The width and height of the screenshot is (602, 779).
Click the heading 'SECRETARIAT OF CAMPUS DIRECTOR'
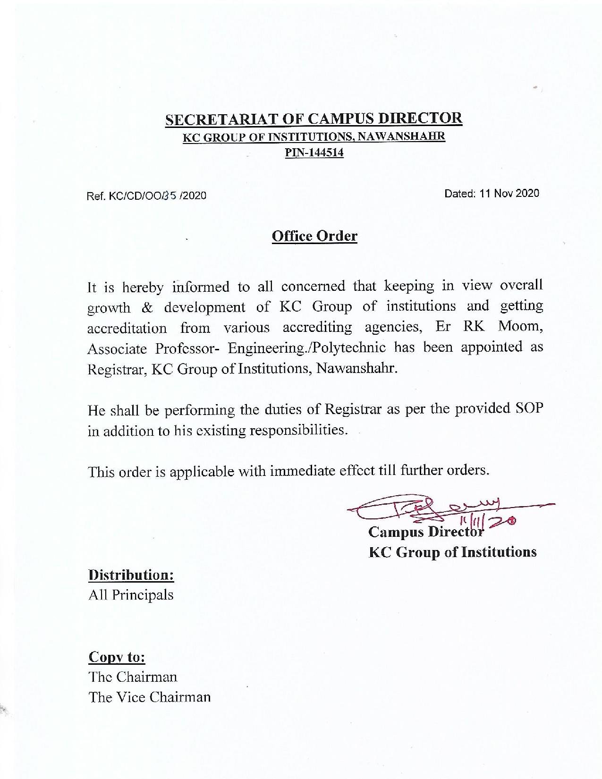tap(314, 119)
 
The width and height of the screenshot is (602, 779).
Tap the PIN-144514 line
tap(314, 153)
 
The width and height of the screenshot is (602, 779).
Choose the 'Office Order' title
tap(314, 236)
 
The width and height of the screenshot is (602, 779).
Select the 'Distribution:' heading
tap(131, 575)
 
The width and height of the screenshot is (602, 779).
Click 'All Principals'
tap(131, 595)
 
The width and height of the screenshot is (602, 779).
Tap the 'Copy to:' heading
tap(117, 657)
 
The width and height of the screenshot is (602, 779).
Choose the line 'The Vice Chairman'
tap(149, 697)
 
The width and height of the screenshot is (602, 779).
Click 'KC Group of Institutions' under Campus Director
tap(452, 552)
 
